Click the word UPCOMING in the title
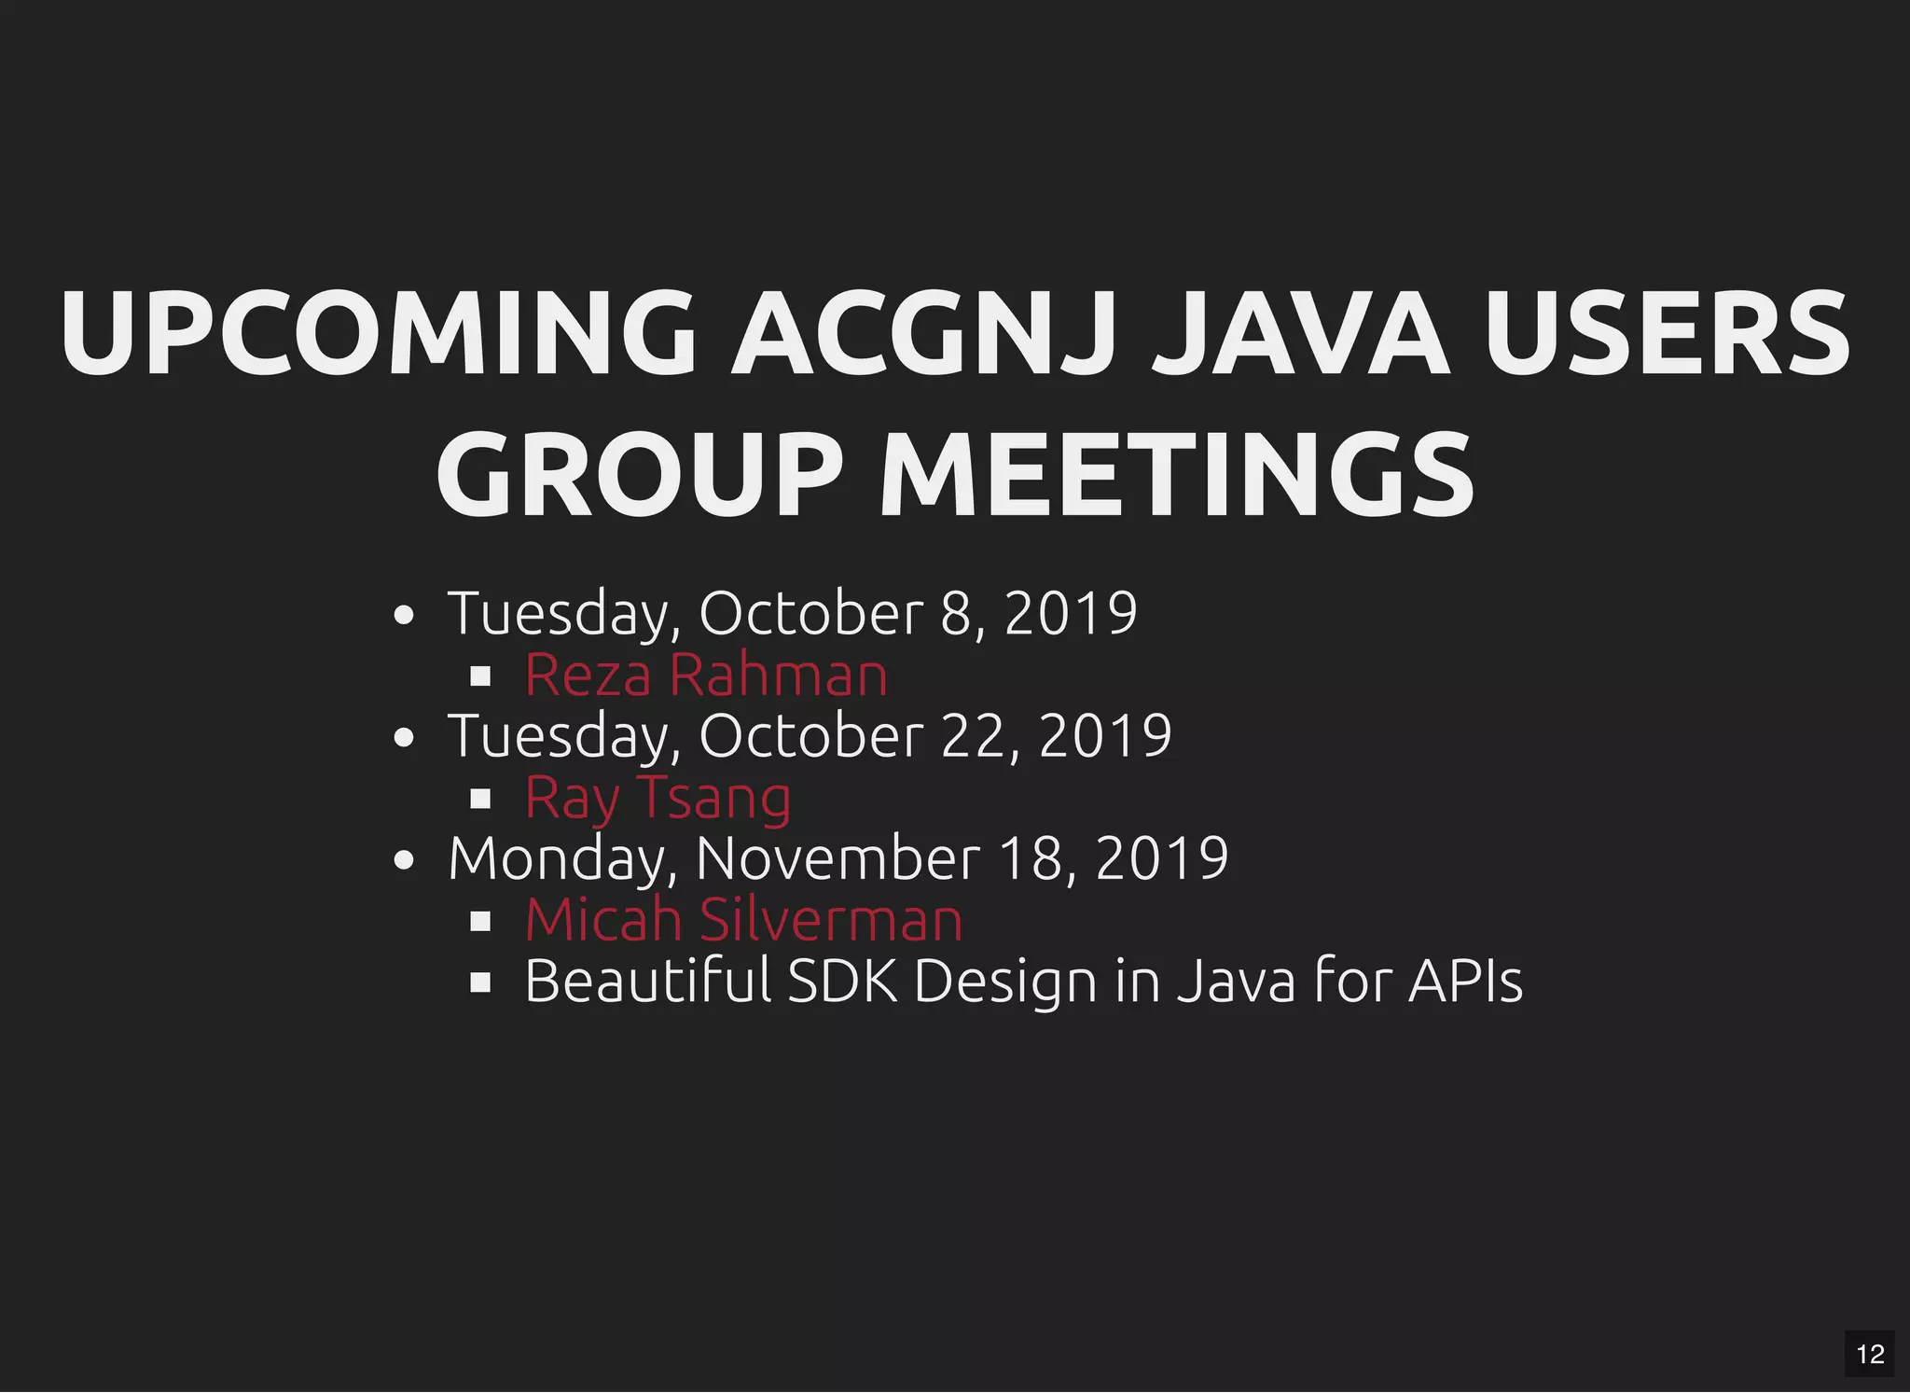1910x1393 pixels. click(x=378, y=333)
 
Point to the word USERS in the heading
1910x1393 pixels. click(x=1667, y=333)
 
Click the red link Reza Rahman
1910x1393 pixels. click(x=706, y=675)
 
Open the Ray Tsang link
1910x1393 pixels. click(x=657, y=798)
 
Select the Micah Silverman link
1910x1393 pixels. click(x=743, y=920)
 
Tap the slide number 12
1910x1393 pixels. click(x=1870, y=1354)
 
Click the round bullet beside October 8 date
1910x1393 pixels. click(x=404, y=616)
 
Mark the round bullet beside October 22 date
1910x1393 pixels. click(x=404, y=738)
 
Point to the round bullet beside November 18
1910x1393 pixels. click(x=404, y=860)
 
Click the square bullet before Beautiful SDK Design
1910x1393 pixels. click(x=480, y=982)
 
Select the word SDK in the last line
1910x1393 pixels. click(x=842, y=982)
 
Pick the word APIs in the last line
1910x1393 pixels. click(x=1465, y=982)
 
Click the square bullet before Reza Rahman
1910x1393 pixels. click(x=480, y=676)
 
